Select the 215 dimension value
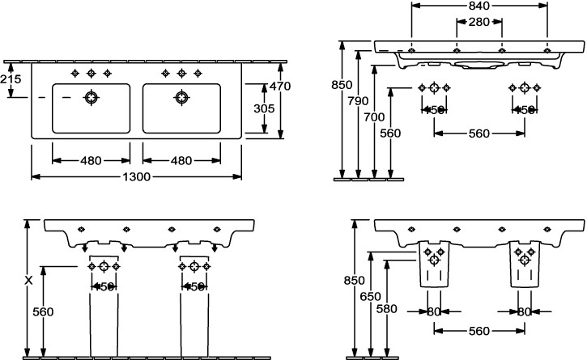tap(11, 79)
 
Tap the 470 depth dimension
tap(279, 87)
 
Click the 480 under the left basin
tap(91, 160)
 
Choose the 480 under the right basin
tap(181, 160)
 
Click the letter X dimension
tap(28, 281)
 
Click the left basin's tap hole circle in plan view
tap(92, 99)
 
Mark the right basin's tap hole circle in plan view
tap(181, 99)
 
